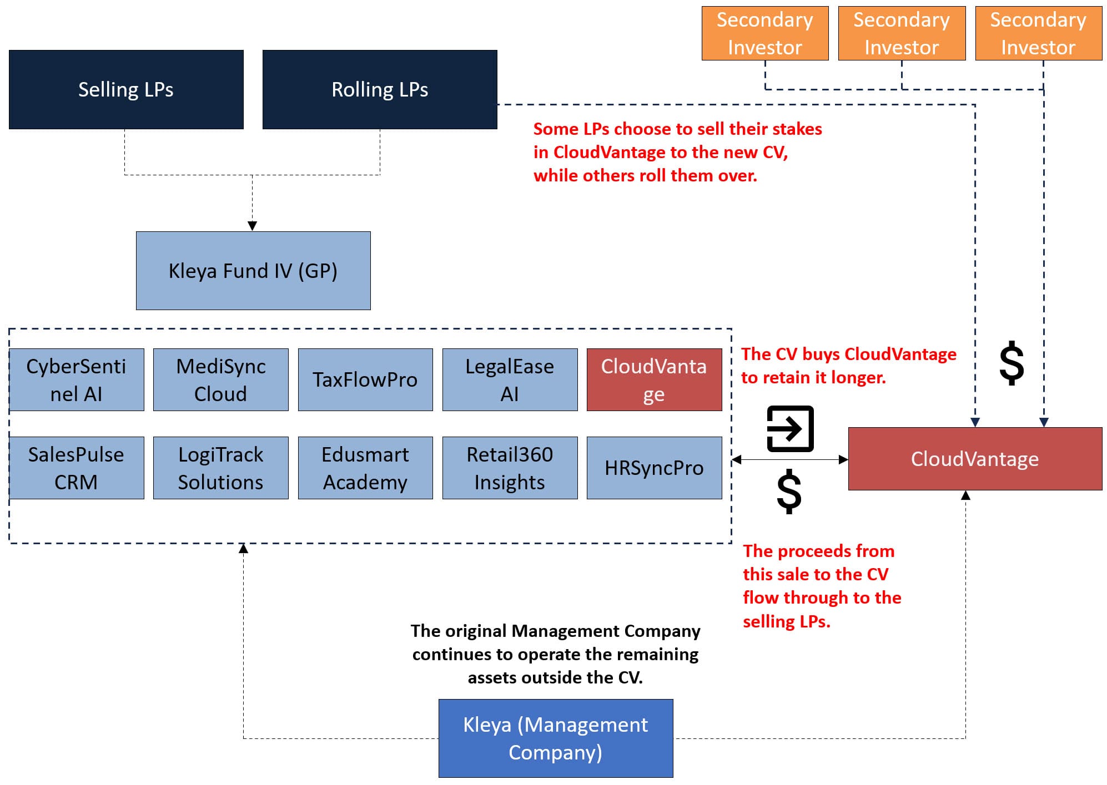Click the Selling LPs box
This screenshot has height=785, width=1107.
[x=126, y=90]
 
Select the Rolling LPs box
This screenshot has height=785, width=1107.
[x=380, y=90]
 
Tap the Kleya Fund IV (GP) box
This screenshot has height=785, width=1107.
[x=253, y=271]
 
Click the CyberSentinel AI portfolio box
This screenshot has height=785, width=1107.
[x=77, y=380]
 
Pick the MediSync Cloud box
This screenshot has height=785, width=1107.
[x=221, y=380]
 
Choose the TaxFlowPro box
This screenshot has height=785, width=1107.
[x=365, y=380]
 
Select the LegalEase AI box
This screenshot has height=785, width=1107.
[x=510, y=380]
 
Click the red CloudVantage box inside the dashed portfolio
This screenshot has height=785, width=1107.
[x=654, y=380]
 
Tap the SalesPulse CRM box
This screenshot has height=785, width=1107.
[x=77, y=468]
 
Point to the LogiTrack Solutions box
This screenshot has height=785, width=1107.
[x=221, y=468]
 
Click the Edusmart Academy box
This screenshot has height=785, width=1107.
[x=365, y=468]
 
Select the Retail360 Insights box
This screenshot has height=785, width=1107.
[x=510, y=468]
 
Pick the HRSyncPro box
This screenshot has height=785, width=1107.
[x=654, y=468]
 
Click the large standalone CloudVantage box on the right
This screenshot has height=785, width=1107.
[x=975, y=459]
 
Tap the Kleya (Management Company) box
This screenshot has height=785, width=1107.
[x=556, y=738]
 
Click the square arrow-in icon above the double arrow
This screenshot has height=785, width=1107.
[x=790, y=429]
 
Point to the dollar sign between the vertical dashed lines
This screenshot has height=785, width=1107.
[x=1012, y=363]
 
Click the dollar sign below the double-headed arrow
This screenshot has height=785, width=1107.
[x=789, y=492]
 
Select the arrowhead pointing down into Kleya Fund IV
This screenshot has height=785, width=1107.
[x=252, y=226]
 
